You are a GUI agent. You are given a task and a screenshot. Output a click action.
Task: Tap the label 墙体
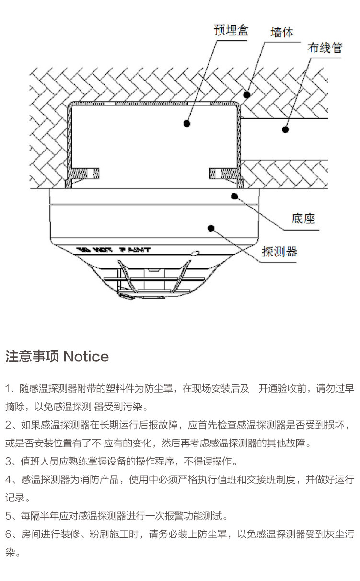[x=282, y=33]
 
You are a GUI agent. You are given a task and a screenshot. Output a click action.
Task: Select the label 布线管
[x=325, y=48]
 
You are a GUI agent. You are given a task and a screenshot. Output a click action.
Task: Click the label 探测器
[x=279, y=251]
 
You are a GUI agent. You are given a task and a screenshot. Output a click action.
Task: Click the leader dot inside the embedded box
[x=186, y=124]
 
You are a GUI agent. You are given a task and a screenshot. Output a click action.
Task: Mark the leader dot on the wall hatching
[x=247, y=94]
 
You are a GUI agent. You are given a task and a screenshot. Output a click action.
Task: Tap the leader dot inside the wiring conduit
[x=285, y=129]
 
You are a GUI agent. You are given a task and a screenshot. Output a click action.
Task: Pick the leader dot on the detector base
[x=234, y=195]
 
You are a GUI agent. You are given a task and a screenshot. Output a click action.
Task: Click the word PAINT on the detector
[x=135, y=250]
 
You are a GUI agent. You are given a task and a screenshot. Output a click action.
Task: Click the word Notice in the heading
[x=86, y=357]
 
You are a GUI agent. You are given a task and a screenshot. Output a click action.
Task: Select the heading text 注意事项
[x=32, y=357]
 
